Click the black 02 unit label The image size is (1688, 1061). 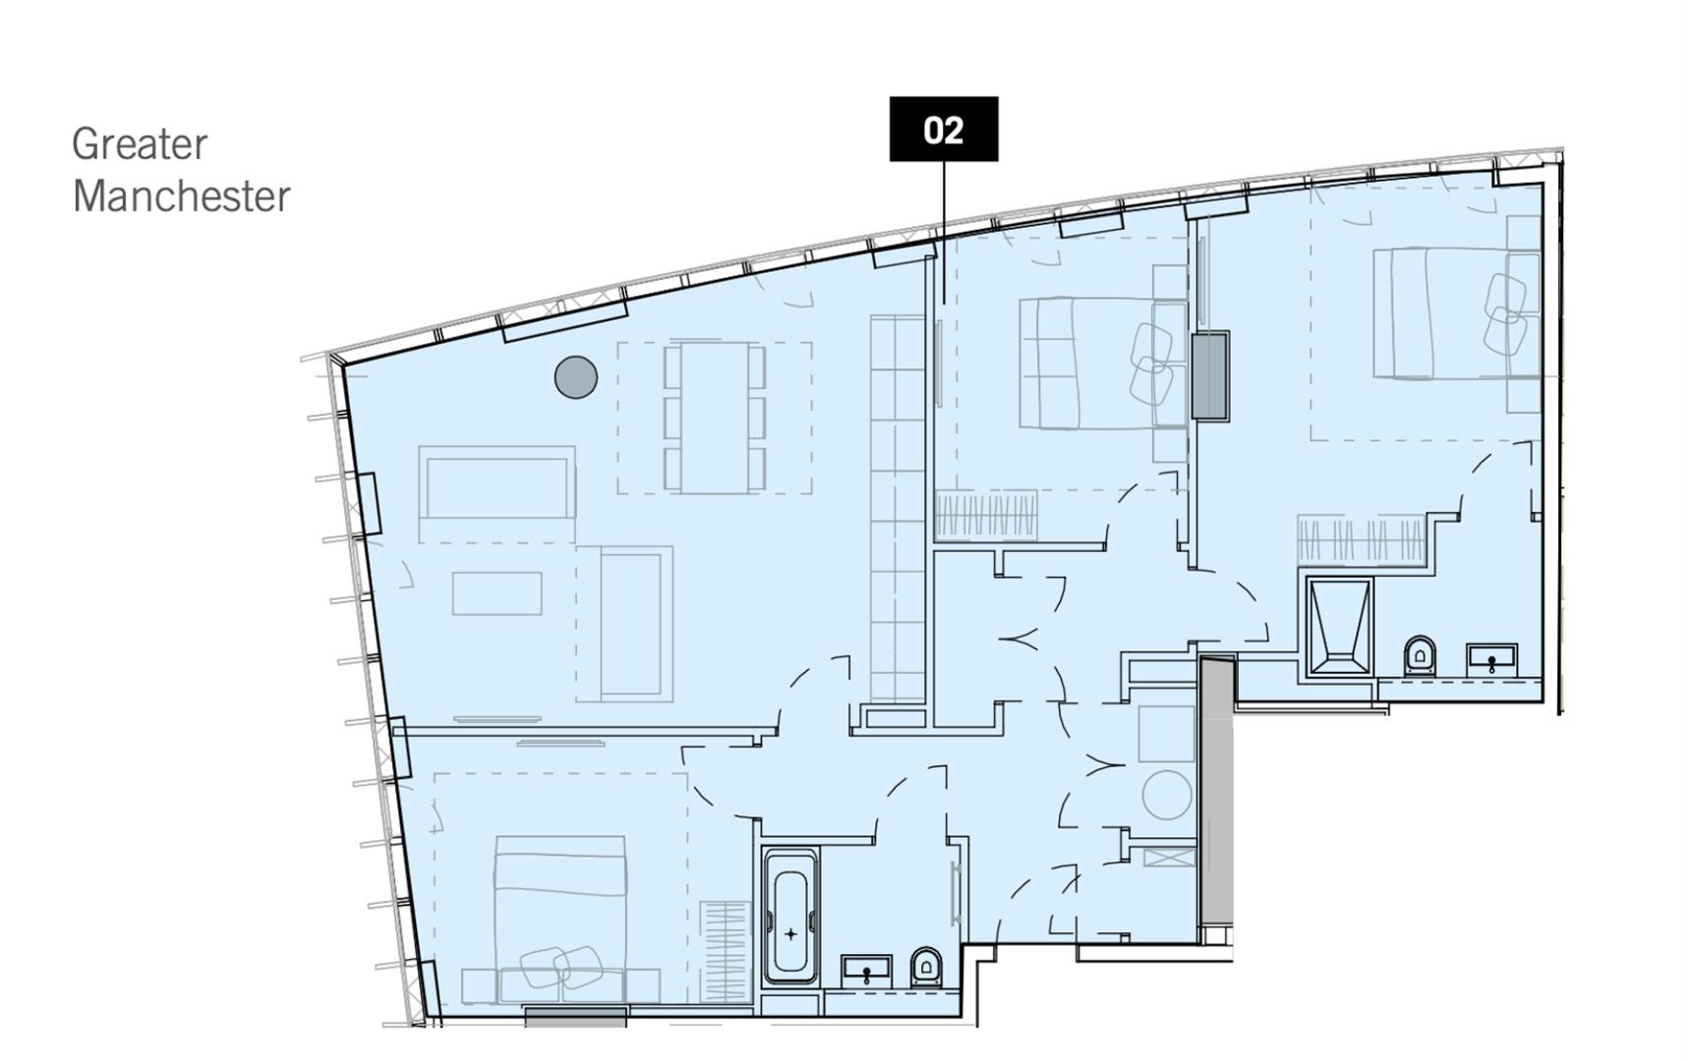(943, 129)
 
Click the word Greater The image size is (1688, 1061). (139, 144)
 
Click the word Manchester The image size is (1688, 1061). (181, 196)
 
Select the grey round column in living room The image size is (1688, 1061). (575, 376)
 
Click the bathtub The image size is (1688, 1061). (790, 917)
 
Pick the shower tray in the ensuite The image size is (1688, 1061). (1338, 627)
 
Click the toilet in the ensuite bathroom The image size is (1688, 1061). (1420, 655)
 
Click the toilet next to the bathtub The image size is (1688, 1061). (926, 968)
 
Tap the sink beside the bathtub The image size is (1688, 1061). (866, 970)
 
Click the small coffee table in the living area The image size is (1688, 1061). (496, 593)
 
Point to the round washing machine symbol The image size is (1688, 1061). (1167, 796)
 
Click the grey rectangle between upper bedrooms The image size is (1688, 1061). (1209, 376)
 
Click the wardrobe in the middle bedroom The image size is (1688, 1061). (986, 516)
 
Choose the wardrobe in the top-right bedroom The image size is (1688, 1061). (1361, 540)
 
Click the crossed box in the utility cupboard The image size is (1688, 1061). (1170, 857)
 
